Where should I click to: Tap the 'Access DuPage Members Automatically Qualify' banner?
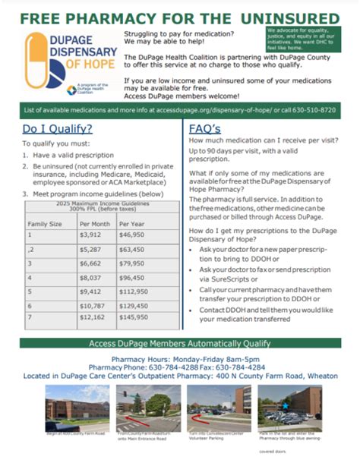180,342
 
